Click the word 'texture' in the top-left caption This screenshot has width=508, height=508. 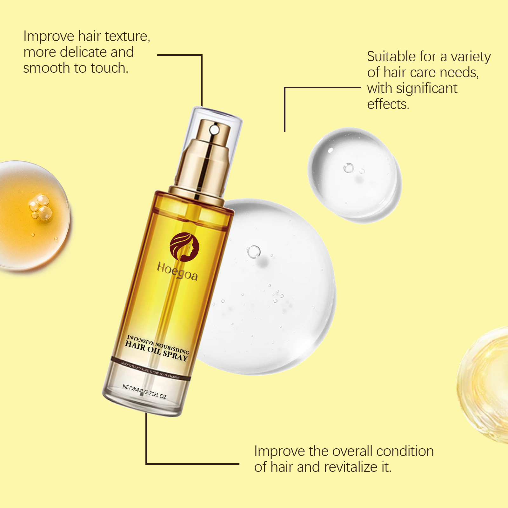pos(126,36)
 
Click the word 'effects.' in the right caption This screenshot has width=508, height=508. pos(388,104)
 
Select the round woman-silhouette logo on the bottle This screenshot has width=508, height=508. pos(184,247)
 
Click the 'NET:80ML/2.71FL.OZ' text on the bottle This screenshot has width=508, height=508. pos(144,391)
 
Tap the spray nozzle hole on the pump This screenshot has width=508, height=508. pos(214,130)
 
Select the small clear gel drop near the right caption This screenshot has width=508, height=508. pos(355,175)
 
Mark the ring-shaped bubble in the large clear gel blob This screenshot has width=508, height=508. pos(254,252)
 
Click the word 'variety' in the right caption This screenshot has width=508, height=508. pos(471,57)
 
